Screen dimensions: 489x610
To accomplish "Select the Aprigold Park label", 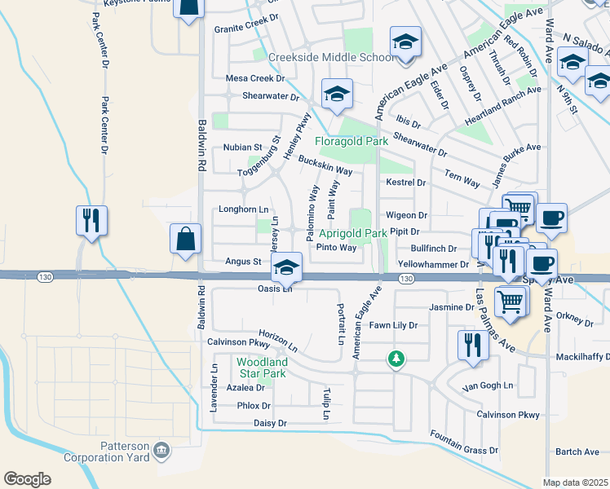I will point(352,233).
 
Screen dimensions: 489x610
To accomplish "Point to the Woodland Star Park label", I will point(261,368).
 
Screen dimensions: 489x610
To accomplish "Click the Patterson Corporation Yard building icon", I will point(161,449).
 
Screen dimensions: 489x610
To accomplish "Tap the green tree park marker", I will point(396,359).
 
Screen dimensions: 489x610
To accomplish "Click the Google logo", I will point(27,479).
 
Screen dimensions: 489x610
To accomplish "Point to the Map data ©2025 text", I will point(576,482).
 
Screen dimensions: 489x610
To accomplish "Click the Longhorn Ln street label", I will point(237,209).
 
